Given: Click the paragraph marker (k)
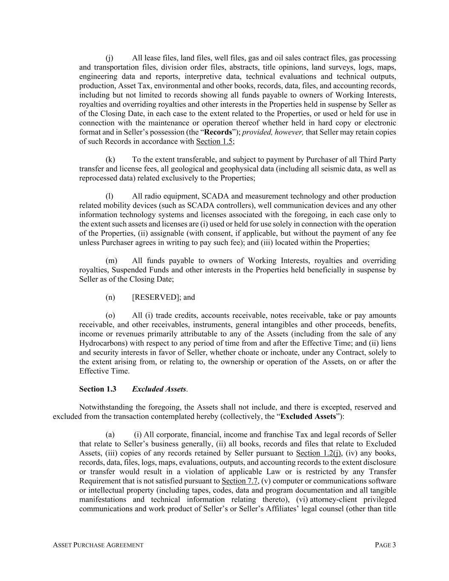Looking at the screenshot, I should point(110,160).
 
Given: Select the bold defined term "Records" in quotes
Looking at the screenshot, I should point(218,132).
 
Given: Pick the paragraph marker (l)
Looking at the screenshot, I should point(109,196).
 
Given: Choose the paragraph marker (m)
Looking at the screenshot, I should point(111,260).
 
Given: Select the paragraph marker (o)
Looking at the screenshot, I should point(110,315).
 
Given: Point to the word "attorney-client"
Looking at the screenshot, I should point(329,499).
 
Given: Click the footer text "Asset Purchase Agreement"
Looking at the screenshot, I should point(98,545).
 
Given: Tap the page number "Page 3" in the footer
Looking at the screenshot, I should point(385,545).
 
